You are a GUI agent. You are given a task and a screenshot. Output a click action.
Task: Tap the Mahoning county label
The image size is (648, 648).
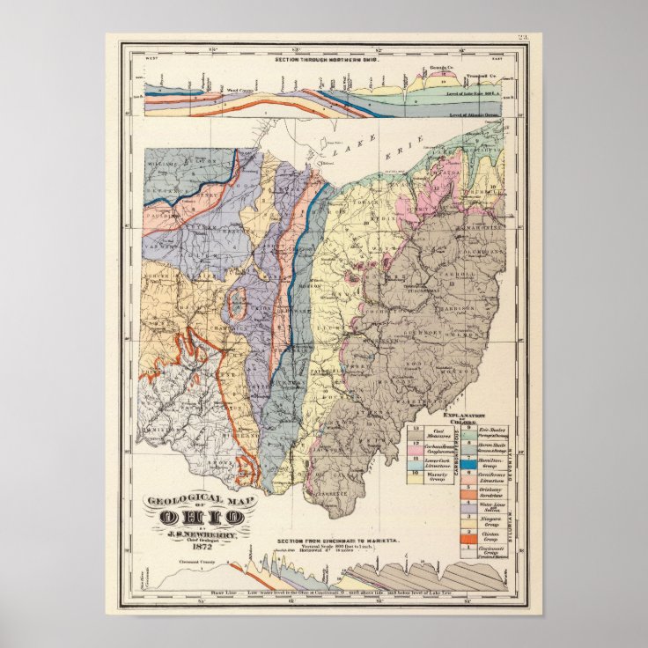point(480,212)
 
